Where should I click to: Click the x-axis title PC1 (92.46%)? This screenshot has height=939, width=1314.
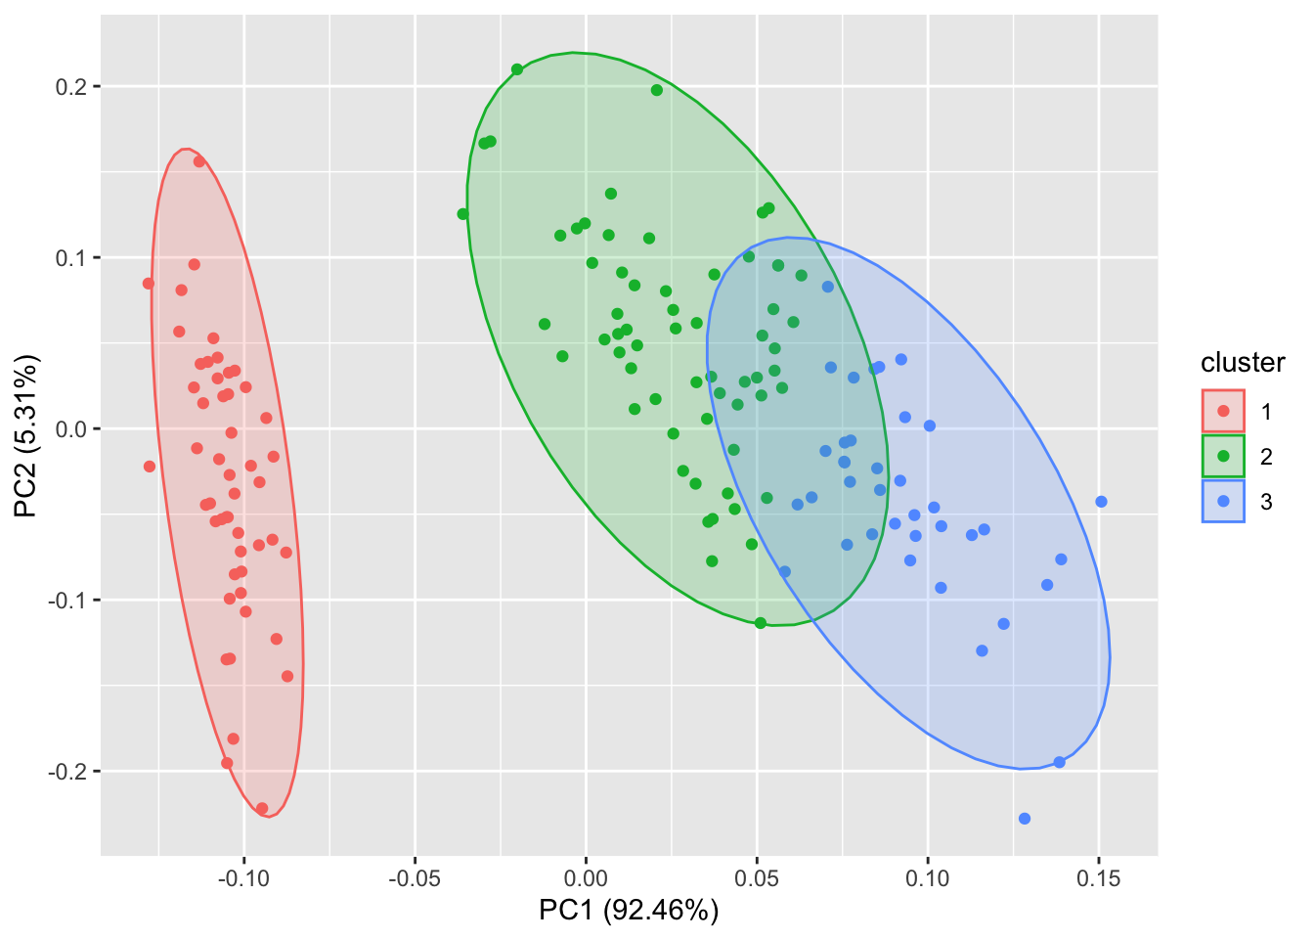click(x=629, y=911)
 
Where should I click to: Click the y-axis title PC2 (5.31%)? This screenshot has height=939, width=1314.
click(x=26, y=435)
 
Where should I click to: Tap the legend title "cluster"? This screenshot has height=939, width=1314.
click(x=1243, y=363)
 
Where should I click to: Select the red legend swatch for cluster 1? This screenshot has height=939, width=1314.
click(x=1223, y=411)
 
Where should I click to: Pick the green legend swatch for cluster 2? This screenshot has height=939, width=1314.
click(x=1223, y=456)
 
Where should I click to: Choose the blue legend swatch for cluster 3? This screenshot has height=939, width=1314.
click(x=1223, y=501)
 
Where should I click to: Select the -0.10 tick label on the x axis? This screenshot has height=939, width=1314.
click(x=243, y=879)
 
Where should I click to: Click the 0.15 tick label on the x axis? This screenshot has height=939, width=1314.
click(x=1098, y=879)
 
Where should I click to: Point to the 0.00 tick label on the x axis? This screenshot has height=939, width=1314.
click(x=586, y=879)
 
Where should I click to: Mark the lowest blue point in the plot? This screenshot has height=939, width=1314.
click(x=1025, y=819)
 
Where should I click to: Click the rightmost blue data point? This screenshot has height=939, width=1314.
click(x=1101, y=502)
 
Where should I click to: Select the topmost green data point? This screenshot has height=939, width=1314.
click(x=517, y=69)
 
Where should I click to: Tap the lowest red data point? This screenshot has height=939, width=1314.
click(x=262, y=808)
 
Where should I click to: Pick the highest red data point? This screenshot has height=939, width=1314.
click(x=199, y=161)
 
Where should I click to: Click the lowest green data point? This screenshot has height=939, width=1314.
click(x=761, y=623)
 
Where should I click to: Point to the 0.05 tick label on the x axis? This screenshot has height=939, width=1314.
click(x=757, y=879)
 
